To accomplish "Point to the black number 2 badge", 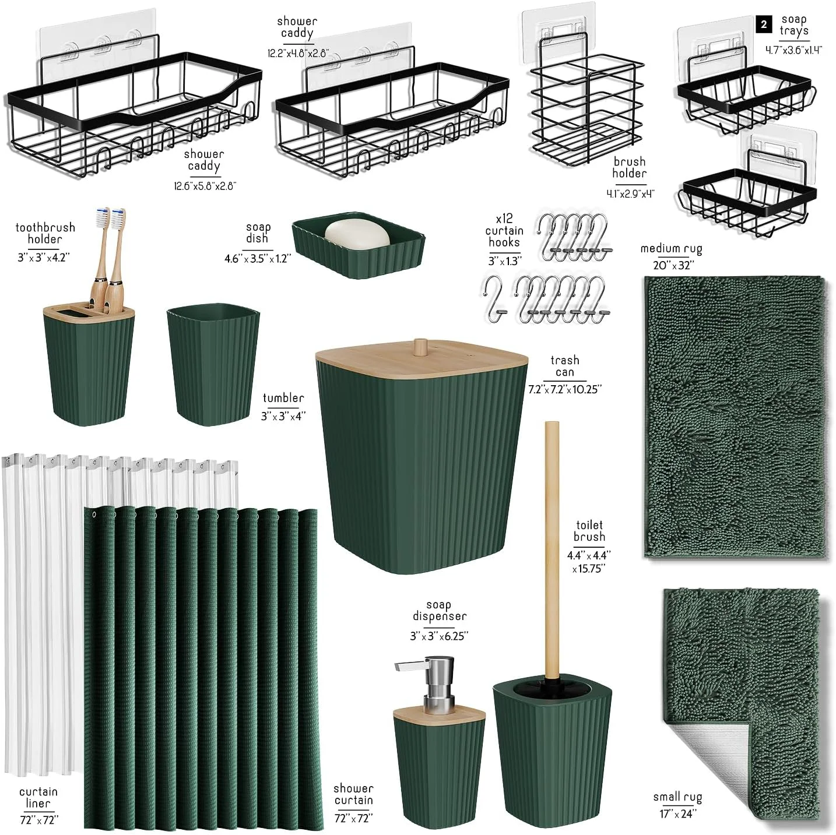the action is click(x=764, y=24).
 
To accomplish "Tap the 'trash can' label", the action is click(x=564, y=366).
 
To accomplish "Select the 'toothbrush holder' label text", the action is click(x=45, y=233).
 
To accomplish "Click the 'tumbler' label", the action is click(x=283, y=398).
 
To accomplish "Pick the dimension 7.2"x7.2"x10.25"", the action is click(x=564, y=389).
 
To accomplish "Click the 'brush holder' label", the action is click(x=629, y=167).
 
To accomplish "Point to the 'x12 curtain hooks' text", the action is click(x=504, y=230).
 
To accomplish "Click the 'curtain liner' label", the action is click(x=38, y=798).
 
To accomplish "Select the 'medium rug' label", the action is click(x=671, y=249).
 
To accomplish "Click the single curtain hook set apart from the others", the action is click(x=494, y=300).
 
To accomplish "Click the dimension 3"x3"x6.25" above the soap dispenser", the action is click(x=439, y=636).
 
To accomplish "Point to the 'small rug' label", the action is click(x=677, y=797).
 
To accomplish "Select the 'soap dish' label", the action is click(x=258, y=232).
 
